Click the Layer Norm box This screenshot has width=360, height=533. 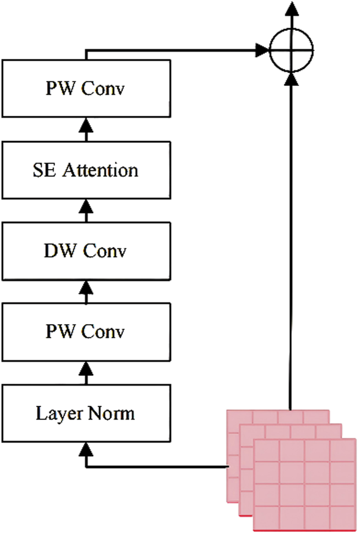(85, 413)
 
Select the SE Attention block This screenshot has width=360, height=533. (85, 170)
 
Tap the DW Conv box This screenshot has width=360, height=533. (85, 251)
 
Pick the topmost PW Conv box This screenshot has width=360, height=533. (85, 89)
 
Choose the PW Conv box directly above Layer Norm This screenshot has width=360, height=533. (85, 332)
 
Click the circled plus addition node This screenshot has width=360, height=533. (292, 51)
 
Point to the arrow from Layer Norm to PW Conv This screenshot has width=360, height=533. (85, 373)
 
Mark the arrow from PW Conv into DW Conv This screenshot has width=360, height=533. (85, 292)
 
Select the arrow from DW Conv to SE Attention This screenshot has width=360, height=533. (85, 211)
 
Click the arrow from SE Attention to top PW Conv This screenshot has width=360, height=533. (85, 130)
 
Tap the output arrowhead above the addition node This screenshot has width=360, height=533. (292, 8)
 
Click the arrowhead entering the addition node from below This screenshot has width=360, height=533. (292, 79)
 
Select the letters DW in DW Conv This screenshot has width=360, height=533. (57, 251)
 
